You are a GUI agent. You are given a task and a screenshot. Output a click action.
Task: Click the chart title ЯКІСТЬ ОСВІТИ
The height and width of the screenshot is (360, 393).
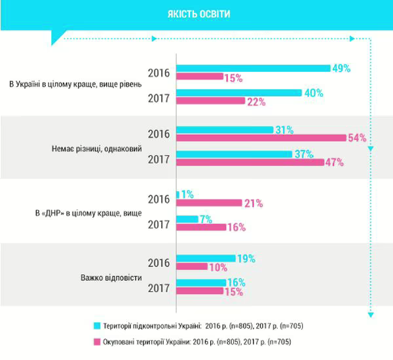pos(196,14)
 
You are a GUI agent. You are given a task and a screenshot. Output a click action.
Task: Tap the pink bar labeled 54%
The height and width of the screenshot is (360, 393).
pos(261,137)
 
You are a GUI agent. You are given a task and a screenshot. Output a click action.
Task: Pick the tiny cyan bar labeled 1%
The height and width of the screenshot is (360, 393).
pos(178,194)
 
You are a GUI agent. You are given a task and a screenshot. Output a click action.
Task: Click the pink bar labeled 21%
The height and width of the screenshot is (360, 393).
pos(209,204)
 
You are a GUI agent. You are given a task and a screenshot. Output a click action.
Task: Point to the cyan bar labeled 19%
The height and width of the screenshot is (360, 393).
pos(206,258)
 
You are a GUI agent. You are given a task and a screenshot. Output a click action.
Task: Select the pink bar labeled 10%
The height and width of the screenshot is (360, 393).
pos(192,267)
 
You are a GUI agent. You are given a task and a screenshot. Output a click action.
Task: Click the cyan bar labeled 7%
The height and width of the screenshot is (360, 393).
pos(187,219)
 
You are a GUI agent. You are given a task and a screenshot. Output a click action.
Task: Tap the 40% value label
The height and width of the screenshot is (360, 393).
pos(314,93)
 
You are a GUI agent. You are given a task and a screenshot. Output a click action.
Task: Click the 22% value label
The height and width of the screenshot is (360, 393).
pos(257,101)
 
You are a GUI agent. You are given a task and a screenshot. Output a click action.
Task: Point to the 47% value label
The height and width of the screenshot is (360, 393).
pos(334,162)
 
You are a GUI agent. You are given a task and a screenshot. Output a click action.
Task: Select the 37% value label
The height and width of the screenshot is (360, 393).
pos(305,154)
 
